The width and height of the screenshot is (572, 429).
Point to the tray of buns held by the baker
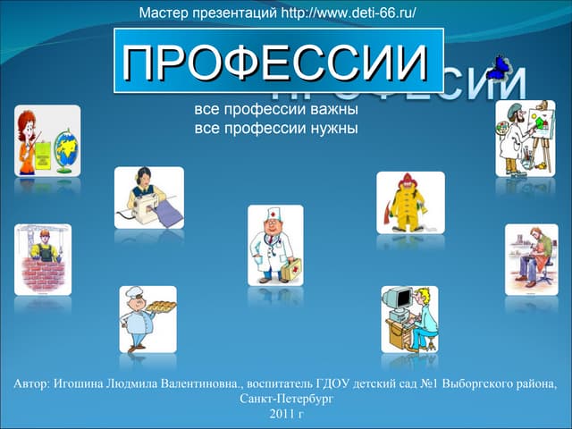point(161,306)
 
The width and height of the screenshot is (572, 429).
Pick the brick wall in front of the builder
point(43,274)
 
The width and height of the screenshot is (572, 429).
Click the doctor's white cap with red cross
point(273,214)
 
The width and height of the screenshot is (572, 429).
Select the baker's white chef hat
point(133,292)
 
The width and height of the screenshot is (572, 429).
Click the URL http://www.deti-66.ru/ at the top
point(349,13)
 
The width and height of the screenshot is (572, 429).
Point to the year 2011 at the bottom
point(281,414)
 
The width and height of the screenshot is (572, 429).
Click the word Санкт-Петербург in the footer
point(286,399)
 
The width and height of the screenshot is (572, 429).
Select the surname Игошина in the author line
point(78,384)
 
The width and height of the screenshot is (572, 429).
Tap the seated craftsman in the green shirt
point(534,257)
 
